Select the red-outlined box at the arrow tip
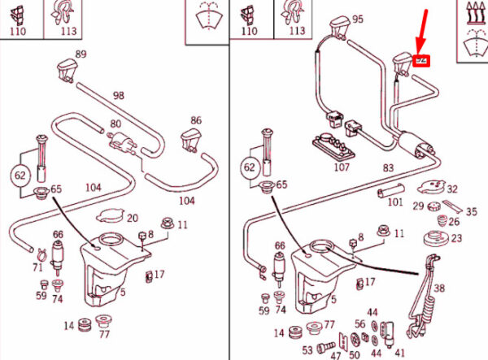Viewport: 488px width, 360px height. coord(421,60)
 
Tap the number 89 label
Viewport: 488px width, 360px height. coord(81,54)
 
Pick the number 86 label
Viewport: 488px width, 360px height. coord(196,120)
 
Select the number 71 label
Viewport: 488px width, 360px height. coord(37,267)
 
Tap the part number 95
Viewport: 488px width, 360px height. coord(357,20)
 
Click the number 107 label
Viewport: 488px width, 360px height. coord(342,168)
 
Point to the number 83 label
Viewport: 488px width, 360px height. coord(388,168)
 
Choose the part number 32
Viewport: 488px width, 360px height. coord(452,189)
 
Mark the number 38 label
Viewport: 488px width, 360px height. coord(440,288)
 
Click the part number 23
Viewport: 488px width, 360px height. coord(456,238)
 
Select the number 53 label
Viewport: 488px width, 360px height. coord(307,350)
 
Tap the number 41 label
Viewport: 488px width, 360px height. coord(399,353)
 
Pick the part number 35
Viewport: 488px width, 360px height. coord(471,210)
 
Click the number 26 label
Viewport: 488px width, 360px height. coord(453,220)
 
